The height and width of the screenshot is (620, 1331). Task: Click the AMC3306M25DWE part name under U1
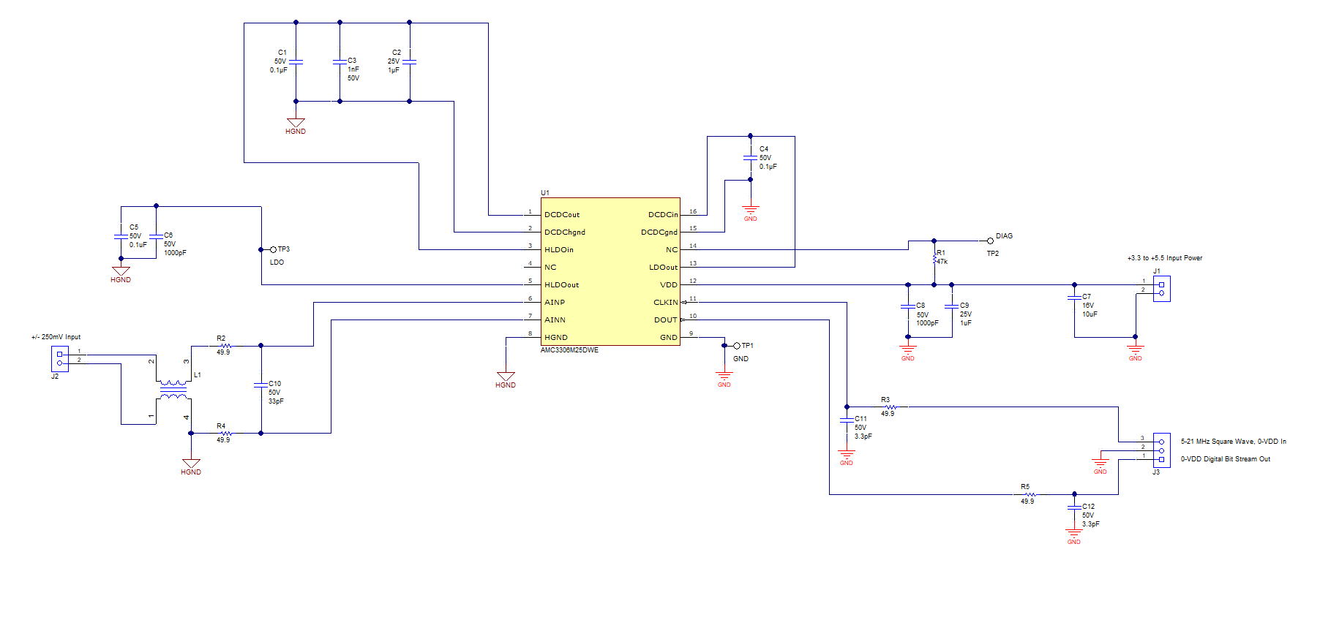[569, 350]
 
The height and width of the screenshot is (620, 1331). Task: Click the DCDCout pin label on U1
[561, 215]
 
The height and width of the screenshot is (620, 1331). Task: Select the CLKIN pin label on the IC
[665, 303]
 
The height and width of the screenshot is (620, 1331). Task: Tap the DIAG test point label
[1004, 236]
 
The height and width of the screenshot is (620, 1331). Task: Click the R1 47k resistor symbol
[934, 257]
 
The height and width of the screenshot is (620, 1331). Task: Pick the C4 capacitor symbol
[750, 158]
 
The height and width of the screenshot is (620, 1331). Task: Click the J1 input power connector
[1161, 289]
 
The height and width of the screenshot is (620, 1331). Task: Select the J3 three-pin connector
[1161, 450]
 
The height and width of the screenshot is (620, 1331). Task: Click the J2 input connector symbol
[59, 358]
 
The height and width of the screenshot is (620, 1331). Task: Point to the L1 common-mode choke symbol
[173, 390]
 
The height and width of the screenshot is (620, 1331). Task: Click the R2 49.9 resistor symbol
[225, 346]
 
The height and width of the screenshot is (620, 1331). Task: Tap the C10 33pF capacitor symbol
[260, 384]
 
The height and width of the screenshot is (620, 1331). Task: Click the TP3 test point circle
[273, 249]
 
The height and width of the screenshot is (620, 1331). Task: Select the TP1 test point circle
[737, 346]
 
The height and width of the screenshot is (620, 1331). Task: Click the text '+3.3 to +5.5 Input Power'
[1164, 258]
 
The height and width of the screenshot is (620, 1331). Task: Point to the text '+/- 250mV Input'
[56, 337]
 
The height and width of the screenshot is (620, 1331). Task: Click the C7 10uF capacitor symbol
[1074, 297]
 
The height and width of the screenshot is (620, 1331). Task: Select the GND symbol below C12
[1073, 535]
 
